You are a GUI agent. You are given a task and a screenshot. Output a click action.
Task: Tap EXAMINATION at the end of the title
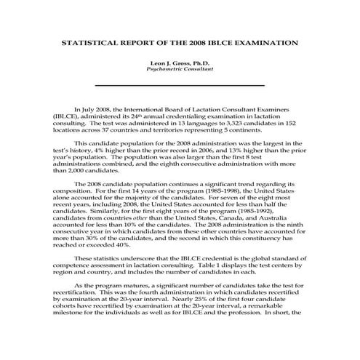coord(268,43)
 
